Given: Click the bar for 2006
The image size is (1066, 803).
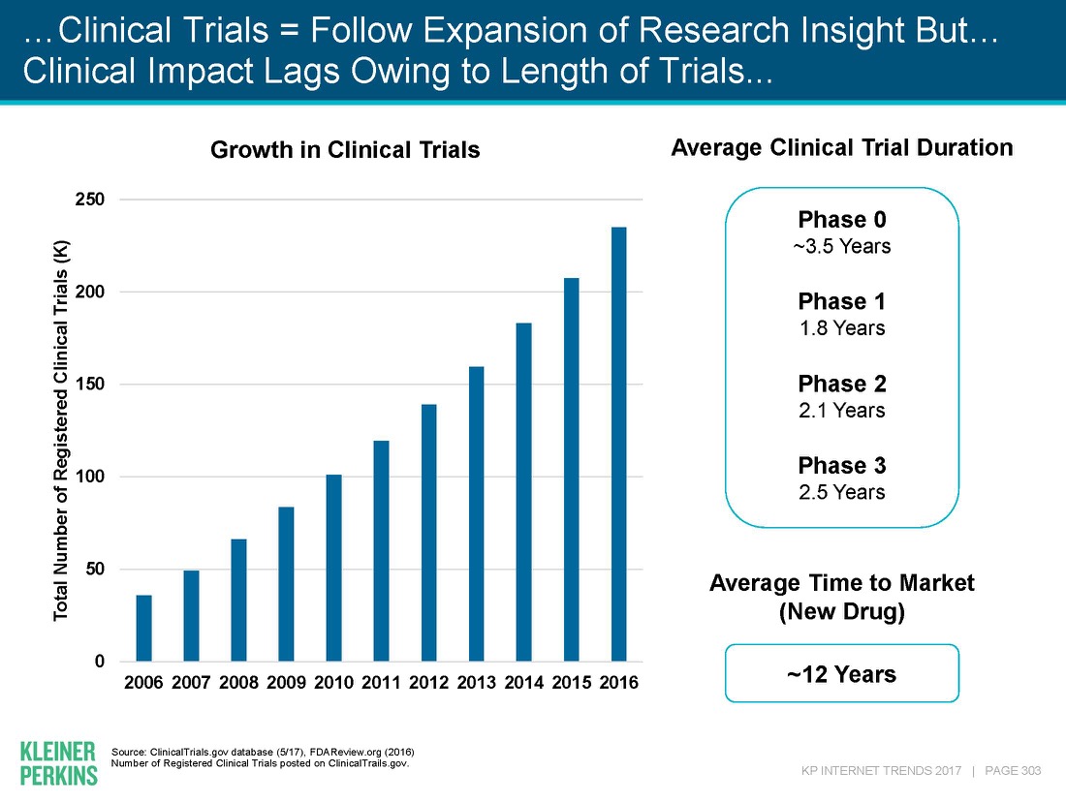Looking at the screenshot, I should (x=143, y=628).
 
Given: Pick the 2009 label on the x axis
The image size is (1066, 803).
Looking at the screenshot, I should (x=286, y=683).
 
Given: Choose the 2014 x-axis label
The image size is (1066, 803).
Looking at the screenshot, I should (x=523, y=683).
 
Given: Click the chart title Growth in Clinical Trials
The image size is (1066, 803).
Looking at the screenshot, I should (x=346, y=150).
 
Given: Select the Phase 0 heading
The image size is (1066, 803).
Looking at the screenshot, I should (x=841, y=219).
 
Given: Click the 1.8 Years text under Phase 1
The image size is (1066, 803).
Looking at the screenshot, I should (x=841, y=327).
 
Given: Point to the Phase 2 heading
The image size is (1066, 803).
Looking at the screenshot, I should (x=841, y=383).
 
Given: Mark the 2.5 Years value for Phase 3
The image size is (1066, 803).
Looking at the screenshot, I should (x=841, y=492).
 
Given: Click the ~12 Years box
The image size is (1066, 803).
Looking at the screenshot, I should (x=841, y=673).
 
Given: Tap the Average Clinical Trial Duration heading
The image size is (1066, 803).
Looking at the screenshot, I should (x=841, y=148).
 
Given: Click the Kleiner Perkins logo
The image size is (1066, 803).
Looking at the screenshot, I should (x=58, y=762).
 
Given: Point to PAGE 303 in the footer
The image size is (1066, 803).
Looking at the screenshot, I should (x=1012, y=770).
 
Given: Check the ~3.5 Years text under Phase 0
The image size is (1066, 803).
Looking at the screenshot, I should (x=841, y=246).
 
